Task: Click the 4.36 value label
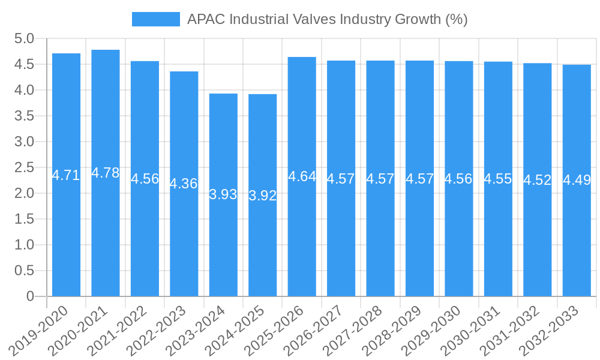tap(184, 184)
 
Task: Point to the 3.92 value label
tap(263, 196)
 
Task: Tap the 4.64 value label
tap(302, 176)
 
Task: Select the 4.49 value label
tap(577, 180)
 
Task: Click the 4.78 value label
tap(106, 173)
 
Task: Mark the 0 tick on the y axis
tap(30, 296)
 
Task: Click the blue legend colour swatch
tap(156, 19)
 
